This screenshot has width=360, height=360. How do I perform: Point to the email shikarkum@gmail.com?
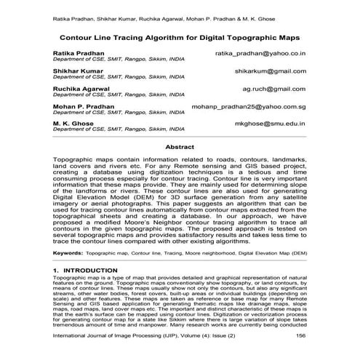(270, 71)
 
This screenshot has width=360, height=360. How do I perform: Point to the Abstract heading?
(180, 147)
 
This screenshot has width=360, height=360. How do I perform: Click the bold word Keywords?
(67, 253)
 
